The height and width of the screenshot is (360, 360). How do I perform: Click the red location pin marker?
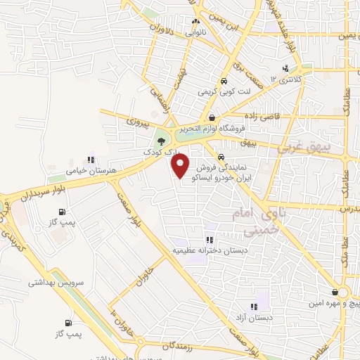click(x=181, y=166)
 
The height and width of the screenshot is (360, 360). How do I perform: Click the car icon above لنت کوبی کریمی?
click(x=224, y=80)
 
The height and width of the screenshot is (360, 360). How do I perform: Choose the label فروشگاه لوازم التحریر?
click(x=210, y=129)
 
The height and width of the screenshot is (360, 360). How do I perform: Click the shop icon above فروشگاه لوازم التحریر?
click(x=212, y=117)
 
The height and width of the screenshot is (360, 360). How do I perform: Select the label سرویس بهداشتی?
click(x=56, y=282)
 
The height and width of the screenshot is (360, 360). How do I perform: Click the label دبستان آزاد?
click(x=255, y=318)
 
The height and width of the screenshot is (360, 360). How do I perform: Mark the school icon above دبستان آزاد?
click(x=255, y=307)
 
